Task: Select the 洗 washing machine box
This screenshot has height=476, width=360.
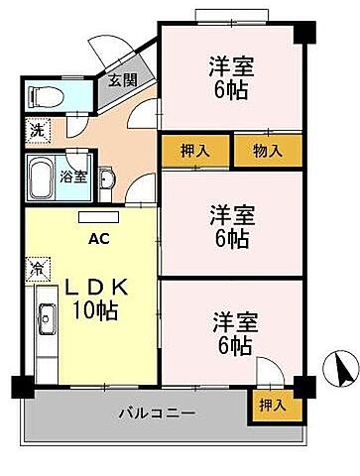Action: (36, 129)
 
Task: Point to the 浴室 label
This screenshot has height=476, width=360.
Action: (72, 177)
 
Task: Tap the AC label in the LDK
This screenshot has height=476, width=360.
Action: (99, 239)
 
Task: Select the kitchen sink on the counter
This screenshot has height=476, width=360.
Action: (46, 320)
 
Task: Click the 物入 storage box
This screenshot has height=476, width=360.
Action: (268, 151)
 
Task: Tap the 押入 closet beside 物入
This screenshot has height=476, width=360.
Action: (195, 151)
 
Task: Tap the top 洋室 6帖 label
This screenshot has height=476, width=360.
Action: (229, 77)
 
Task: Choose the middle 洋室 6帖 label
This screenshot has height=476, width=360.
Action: (229, 225)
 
